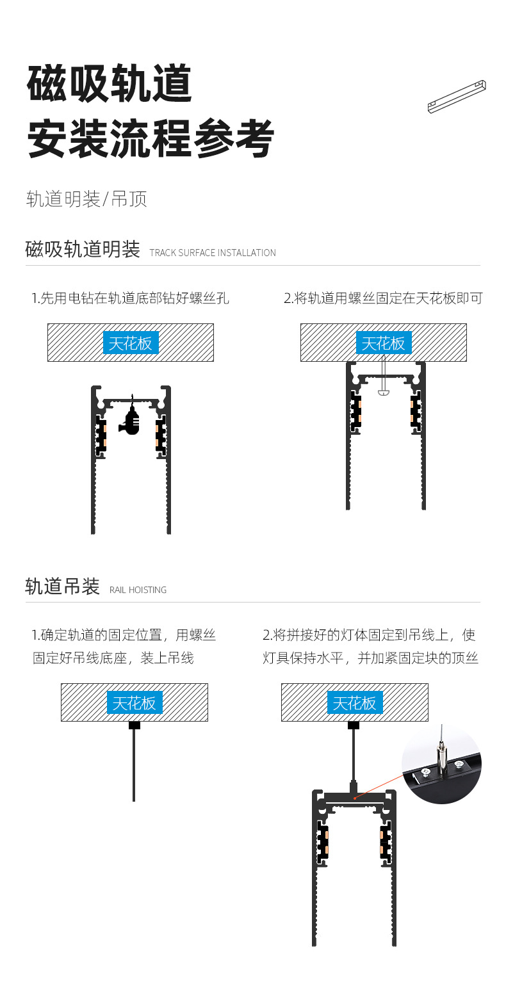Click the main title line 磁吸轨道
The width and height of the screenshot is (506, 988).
pyautogui.click(x=110, y=84)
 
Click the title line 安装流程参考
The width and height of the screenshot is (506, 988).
pyautogui.click(x=151, y=139)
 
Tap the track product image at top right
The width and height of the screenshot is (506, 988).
pyautogui.click(x=457, y=96)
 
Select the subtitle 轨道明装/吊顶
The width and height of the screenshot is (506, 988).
pyautogui.click(x=86, y=199)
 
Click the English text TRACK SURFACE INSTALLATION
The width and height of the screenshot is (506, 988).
pyautogui.click(x=213, y=253)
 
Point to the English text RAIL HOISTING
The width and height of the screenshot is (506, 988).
pyautogui.click(x=138, y=590)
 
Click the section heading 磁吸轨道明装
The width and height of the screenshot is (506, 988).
pyautogui.click(x=83, y=249)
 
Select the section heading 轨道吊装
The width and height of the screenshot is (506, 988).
pyautogui.click(x=62, y=586)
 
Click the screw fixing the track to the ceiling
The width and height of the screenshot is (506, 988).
pyautogui.click(x=383, y=381)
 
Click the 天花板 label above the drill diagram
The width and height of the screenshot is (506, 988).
pyautogui.click(x=131, y=343)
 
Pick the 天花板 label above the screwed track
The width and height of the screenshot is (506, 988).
pyautogui.click(x=384, y=343)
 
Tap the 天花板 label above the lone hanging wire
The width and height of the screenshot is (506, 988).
pyautogui.click(x=135, y=703)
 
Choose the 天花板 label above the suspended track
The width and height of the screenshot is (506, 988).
pyautogui.click(x=355, y=703)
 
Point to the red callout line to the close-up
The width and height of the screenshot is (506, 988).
pyautogui.click(x=380, y=786)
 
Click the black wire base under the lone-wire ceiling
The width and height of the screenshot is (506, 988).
pyautogui.click(x=134, y=725)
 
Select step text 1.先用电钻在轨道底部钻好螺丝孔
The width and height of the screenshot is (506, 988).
pyautogui.click(x=131, y=298)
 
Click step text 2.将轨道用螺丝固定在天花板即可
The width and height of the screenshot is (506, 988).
pyautogui.click(x=383, y=298)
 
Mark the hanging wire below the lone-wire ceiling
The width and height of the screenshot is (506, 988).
pyautogui.click(x=134, y=765)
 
